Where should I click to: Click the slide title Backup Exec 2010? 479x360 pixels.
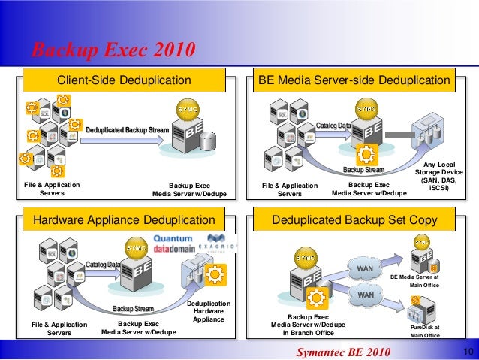coord(113,50)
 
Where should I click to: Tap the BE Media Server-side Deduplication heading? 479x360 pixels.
coord(354,80)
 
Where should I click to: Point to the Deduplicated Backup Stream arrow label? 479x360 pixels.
coord(127,130)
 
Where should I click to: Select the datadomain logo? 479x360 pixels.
coord(173,252)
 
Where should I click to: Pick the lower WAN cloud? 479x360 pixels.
coord(365,295)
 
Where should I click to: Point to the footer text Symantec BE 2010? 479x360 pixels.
coord(343,352)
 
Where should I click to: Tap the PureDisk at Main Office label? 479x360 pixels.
coord(425,331)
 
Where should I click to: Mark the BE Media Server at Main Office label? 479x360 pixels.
coord(424,280)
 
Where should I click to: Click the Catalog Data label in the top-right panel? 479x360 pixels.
coord(333,124)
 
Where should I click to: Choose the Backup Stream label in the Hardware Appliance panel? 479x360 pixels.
coord(133,309)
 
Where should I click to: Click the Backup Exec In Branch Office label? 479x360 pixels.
coord(308,325)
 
